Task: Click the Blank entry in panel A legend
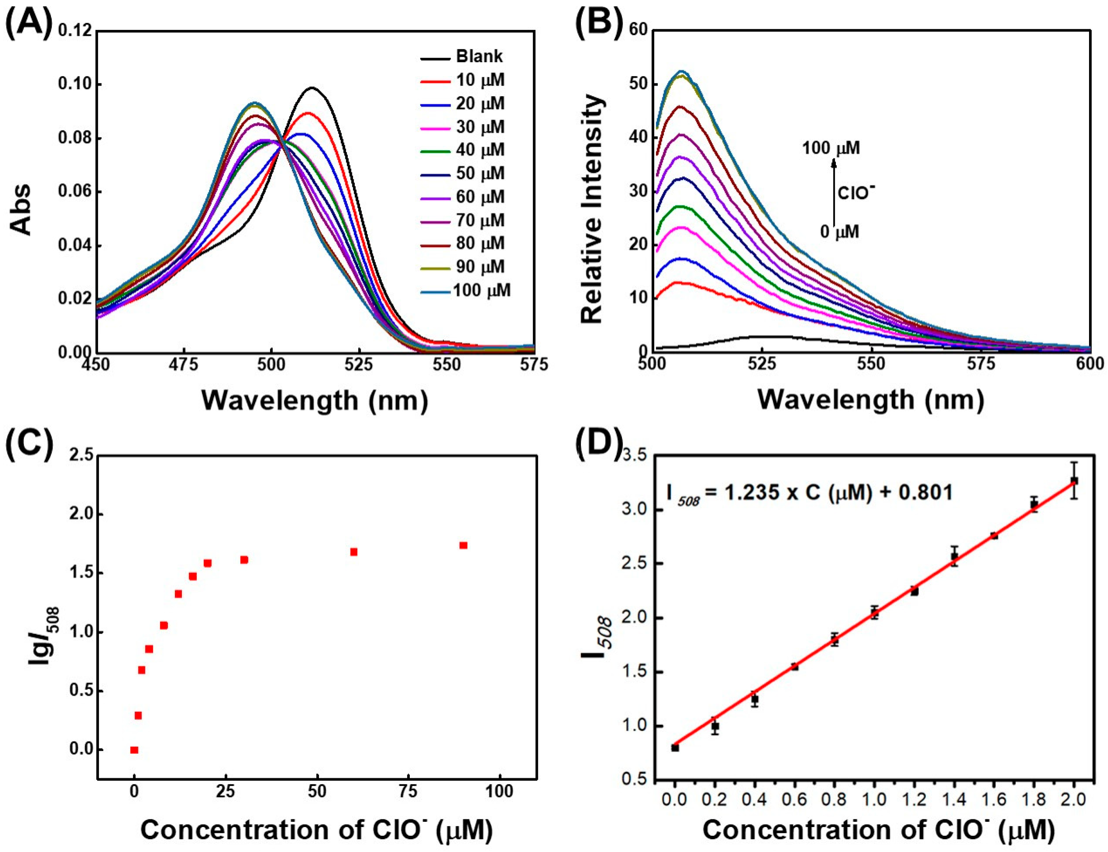pyautogui.click(x=479, y=56)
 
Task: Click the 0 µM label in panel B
pyautogui.click(x=840, y=232)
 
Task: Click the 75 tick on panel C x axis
pyautogui.click(x=409, y=791)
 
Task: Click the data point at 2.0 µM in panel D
pyautogui.click(x=1074, y=480)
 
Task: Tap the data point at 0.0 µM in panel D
pyautogui.click(x=675, y=748)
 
